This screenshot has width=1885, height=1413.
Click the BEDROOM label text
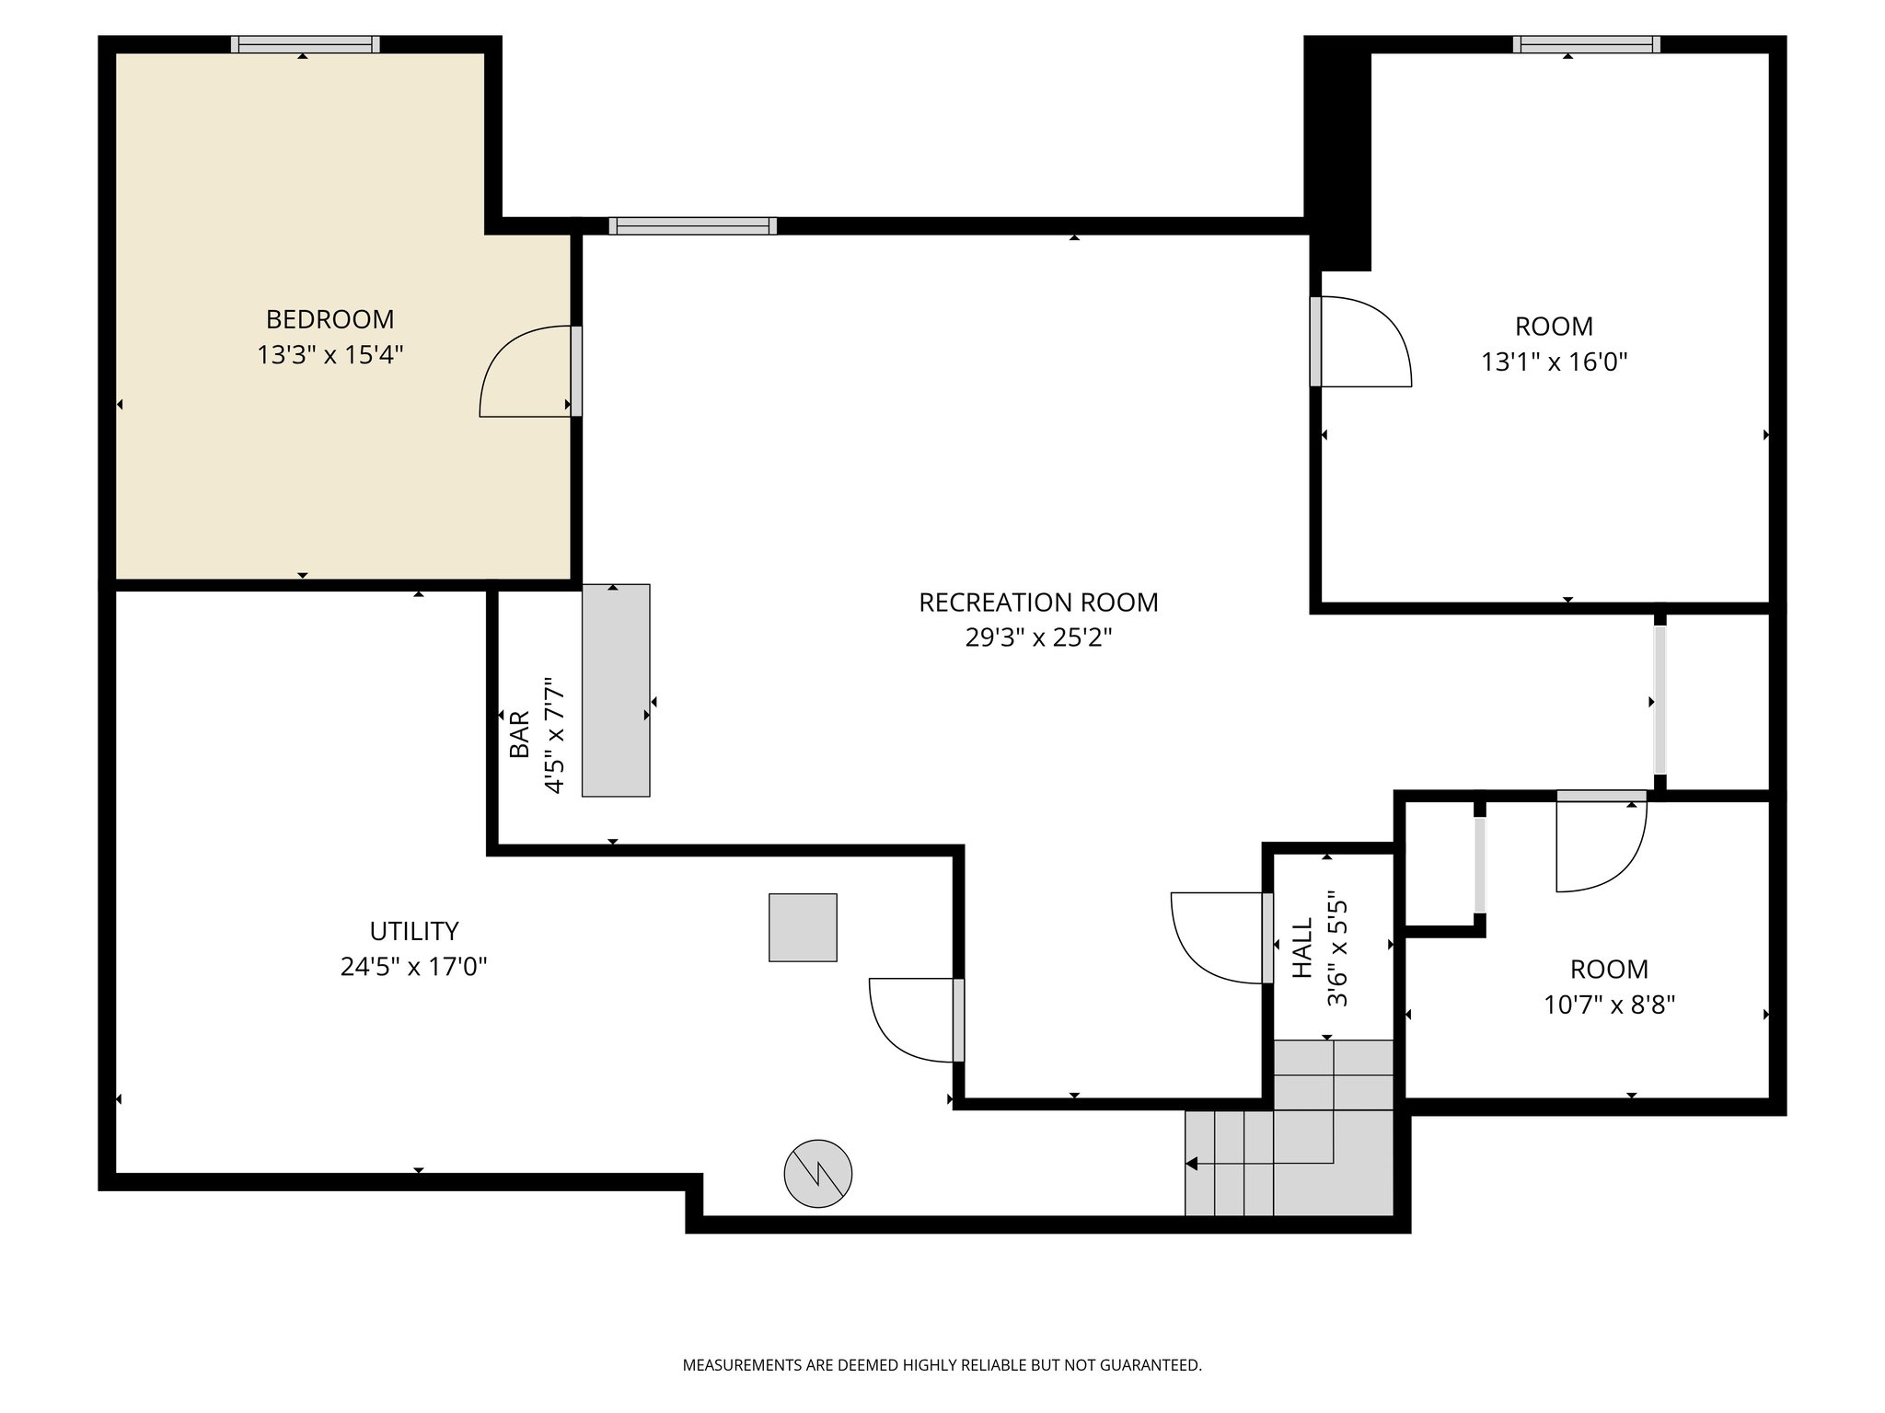(x=330, y=319)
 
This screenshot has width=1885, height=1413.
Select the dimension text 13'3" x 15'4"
(x=330, y=355)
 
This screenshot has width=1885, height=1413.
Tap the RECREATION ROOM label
(x=1038, y=603)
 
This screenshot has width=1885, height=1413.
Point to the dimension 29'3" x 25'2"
(x=1038, y=638)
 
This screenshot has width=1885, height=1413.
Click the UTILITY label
(x=413, y=931)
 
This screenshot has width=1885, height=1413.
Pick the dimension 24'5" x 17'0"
(x=413, y=967)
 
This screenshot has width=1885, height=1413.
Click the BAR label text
(x=520, y=734)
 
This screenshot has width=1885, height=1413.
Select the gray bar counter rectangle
(x=616, y=690)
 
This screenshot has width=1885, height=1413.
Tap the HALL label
(x=1301, y=948)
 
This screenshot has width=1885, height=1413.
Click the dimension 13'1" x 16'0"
(x=1554, y=362)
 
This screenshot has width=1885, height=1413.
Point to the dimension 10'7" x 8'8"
(x=1609, y=1005)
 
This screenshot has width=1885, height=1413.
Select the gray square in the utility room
(x=803, y=927)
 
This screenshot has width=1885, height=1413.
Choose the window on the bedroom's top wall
(x=305, y=44)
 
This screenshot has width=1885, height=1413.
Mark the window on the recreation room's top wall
(x=692, y=226)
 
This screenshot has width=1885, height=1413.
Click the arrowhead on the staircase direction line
(x=1192, y=1164)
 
